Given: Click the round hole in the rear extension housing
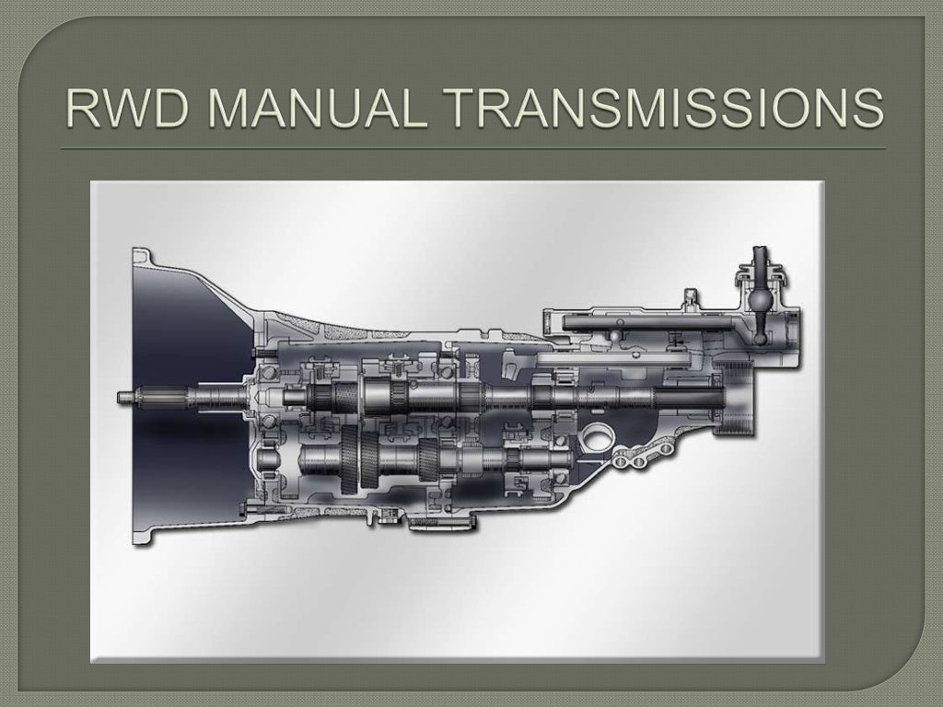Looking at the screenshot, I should (600, 440).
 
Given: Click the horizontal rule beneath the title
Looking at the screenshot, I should (471, 148).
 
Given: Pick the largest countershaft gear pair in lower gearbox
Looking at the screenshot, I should (355, 460).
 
